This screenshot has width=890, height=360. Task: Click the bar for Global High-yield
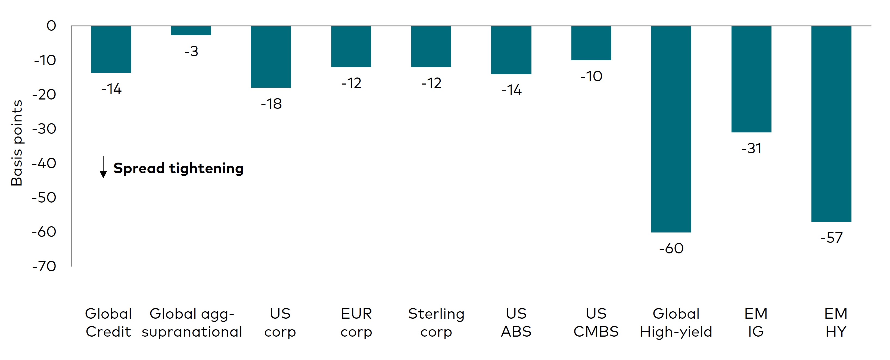pos(671,129)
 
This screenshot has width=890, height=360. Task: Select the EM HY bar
pos(831,124)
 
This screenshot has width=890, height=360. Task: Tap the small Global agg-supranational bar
pos(191,31)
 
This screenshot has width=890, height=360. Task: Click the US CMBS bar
pos(591,43)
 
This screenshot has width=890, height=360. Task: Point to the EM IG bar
pos(751,79)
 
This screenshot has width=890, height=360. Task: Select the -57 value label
pos(831,238)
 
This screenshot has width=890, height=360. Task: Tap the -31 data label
pos(751,148)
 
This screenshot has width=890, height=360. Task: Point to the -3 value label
pos(191,51)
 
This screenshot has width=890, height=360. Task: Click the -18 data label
pos(271,104)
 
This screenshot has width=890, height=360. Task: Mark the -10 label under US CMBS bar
pos(591,76)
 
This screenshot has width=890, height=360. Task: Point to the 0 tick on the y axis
pos(51,26)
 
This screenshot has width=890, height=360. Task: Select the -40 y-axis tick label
pos(44,163)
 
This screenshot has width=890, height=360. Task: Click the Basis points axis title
pos(17,143)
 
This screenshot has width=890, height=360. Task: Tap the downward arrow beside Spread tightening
pos(103,167)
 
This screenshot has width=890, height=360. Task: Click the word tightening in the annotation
pos(206,169)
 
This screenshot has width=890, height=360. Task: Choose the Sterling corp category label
pos(436,322)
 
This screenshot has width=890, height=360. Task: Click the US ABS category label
pos(516,322)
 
